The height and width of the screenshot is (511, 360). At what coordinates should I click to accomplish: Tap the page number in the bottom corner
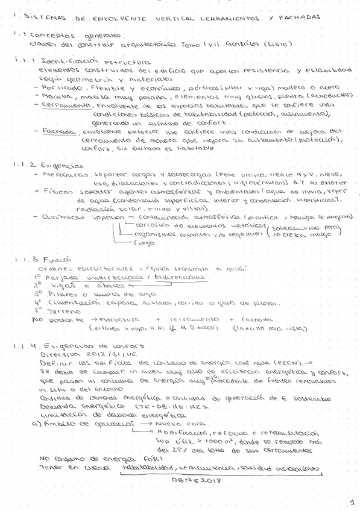(349, 500)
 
